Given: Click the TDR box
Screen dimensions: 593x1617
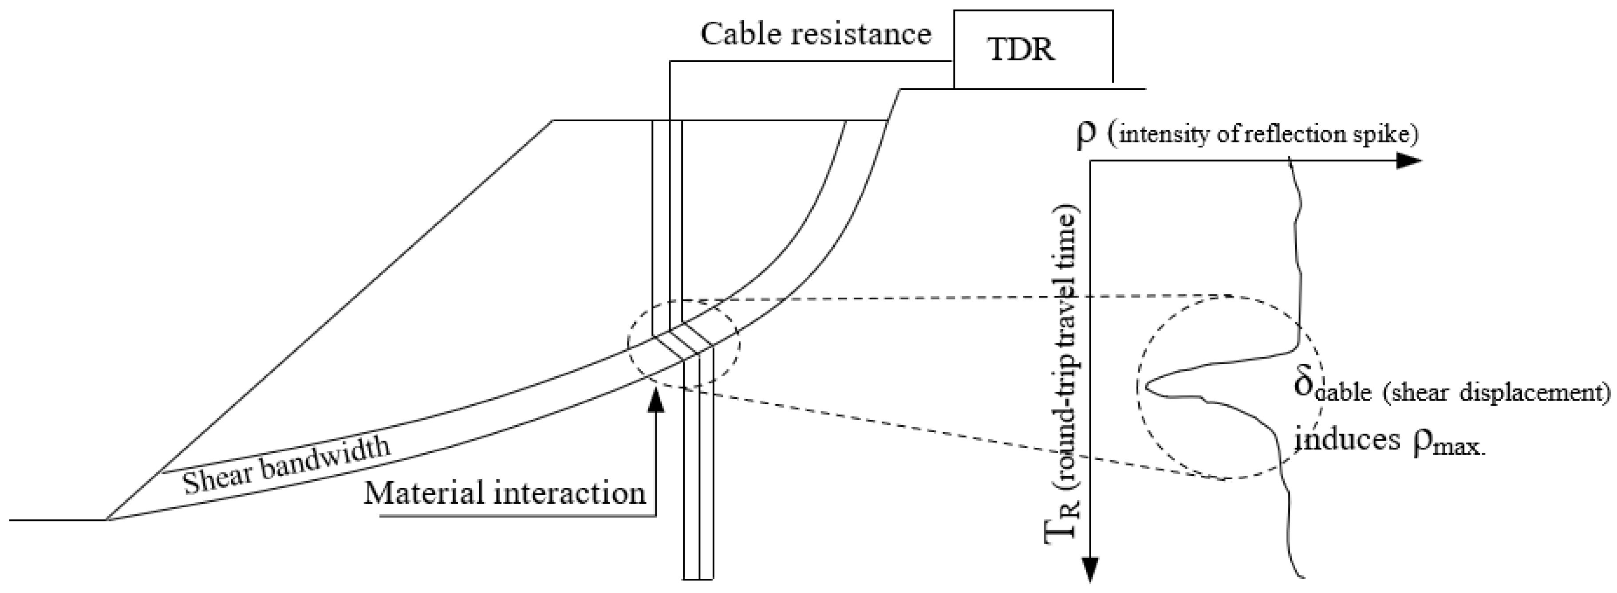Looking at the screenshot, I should click(1033, 49).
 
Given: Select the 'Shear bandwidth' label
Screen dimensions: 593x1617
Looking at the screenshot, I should click(286, 466).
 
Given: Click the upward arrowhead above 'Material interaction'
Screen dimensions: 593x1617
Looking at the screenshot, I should click(655, 402).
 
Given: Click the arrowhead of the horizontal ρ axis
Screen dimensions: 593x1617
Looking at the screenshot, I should click(1410, 161).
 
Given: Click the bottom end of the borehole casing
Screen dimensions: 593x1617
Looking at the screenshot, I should click(698, 577).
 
